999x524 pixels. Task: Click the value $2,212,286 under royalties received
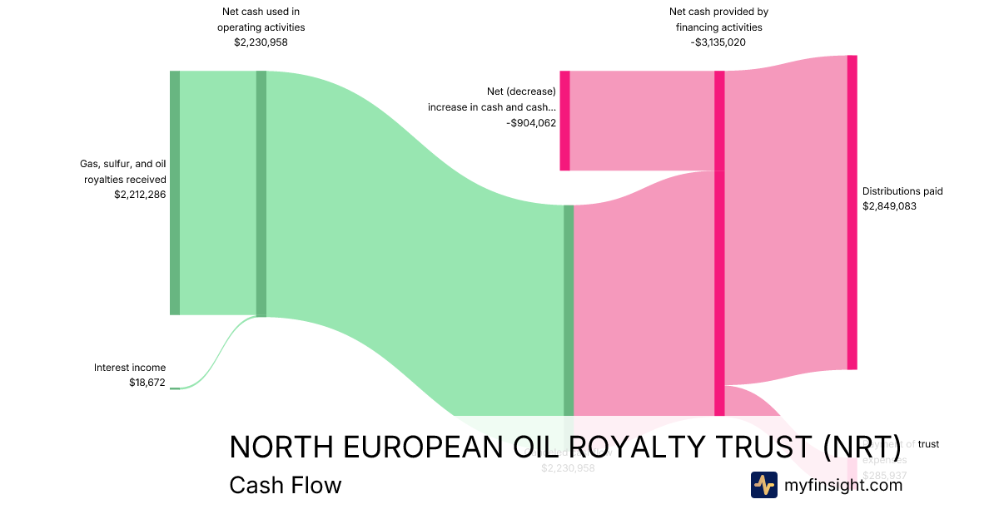(x=140, y=195)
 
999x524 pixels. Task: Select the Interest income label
(x=130, y=367)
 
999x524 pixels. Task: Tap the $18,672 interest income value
(x=147, y=382)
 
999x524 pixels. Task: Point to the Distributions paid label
(x=902, y=191)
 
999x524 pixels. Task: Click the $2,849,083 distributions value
(x=889, y=206)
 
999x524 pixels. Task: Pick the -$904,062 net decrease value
(x=531, y=123)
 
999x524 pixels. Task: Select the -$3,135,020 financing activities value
(x=718, y=42)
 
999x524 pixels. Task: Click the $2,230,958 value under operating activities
(x=261, y=42)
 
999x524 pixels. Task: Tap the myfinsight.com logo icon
(x=763, y=485)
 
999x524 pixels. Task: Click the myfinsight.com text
(x=843, y=485)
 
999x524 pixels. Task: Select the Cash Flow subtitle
(x=285, y=485)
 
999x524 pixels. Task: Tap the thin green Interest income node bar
(x=175, y=388)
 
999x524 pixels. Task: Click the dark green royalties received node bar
(x=175, y=193)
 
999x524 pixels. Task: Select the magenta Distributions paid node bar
(x=852, y=212)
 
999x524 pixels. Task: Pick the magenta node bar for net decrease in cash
(x=564, y=121)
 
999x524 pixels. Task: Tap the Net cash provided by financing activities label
(x=718, y=19)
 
